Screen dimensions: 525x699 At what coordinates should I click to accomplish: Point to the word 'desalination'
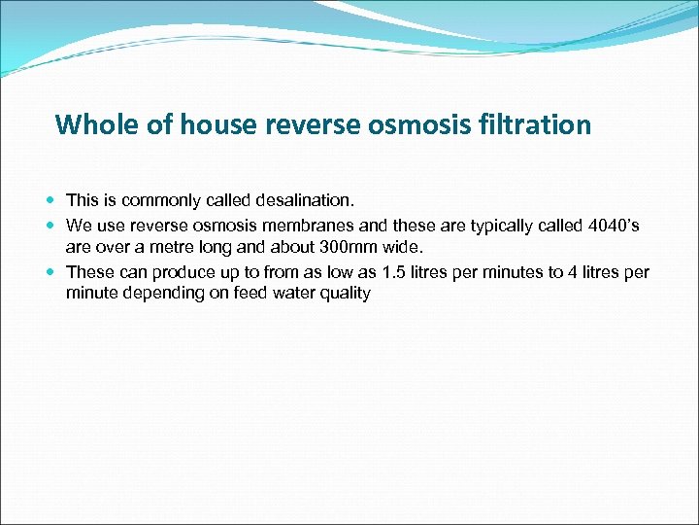(x=305, y=200)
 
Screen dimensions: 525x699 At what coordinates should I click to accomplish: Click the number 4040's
(x=614, y=226)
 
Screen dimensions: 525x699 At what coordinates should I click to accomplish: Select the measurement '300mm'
(x=351, y=247)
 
